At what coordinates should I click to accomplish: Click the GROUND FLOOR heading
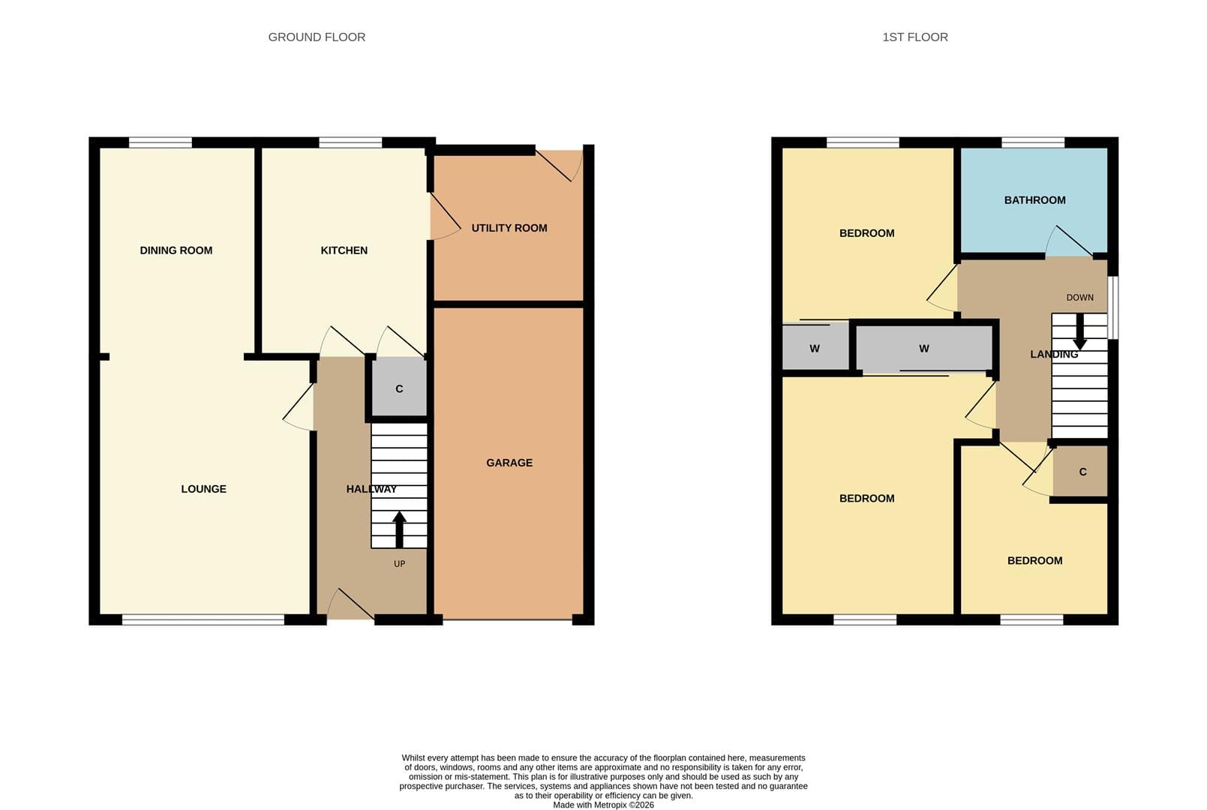pos(317,37)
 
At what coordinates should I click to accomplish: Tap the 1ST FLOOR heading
pos(915,37)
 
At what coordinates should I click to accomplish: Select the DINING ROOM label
pos(176,250)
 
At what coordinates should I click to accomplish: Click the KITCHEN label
pos(344,250)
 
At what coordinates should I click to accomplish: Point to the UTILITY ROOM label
pos(509,228)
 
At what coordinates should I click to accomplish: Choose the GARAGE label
pos(509,463)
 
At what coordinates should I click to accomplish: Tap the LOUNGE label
pos(204,489)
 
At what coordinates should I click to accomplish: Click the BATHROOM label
pos(1034,200)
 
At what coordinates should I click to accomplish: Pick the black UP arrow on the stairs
pos(399,529)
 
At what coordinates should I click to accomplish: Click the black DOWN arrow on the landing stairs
pos(1079,331)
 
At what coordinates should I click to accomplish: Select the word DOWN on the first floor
pos(1079,298)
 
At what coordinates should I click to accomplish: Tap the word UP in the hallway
pos(399,564)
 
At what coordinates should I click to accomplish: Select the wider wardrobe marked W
pos(924,349)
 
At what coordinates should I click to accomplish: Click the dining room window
pos(161,142)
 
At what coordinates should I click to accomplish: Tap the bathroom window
pos(1033,142)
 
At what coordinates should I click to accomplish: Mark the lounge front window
pos(203,620)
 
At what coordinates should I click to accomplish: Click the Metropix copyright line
pos(603,805)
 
